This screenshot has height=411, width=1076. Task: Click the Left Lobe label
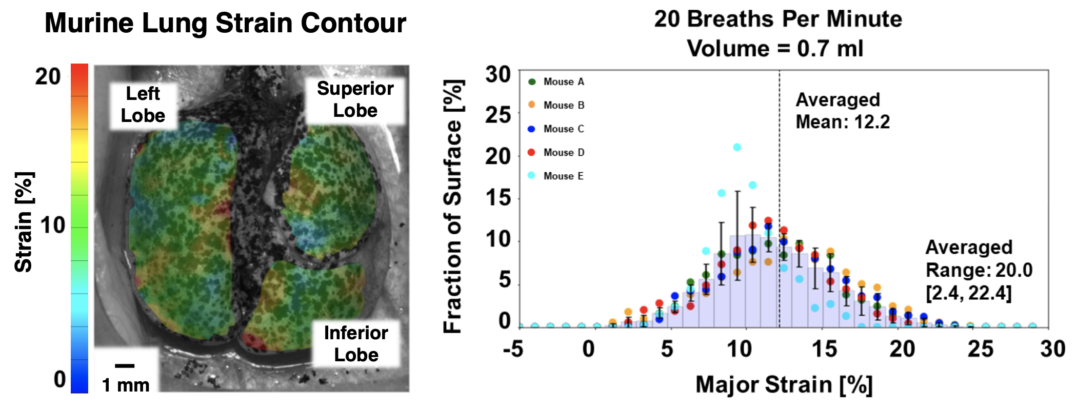click(143, 105)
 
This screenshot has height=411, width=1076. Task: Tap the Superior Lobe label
click(355, 99)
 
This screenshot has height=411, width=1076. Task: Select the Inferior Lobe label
click(356, 344)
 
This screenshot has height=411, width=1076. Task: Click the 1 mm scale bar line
click(125, 365)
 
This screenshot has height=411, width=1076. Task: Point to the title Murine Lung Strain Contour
click(225, 23)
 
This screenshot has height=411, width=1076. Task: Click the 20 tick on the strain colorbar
click(48, 77)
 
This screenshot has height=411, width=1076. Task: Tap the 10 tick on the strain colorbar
click(53, 225)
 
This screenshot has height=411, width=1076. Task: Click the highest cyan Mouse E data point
click(737, 147)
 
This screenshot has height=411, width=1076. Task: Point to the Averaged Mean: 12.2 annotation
click(842, 111)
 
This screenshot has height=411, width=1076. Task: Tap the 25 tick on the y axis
click(498, 115)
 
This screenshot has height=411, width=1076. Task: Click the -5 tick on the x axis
click(513, 350)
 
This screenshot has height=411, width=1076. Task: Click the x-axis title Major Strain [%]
click(784, 384)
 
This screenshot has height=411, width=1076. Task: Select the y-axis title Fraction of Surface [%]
click(453, 206)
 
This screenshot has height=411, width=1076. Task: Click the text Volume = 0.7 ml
click(775, 49)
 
